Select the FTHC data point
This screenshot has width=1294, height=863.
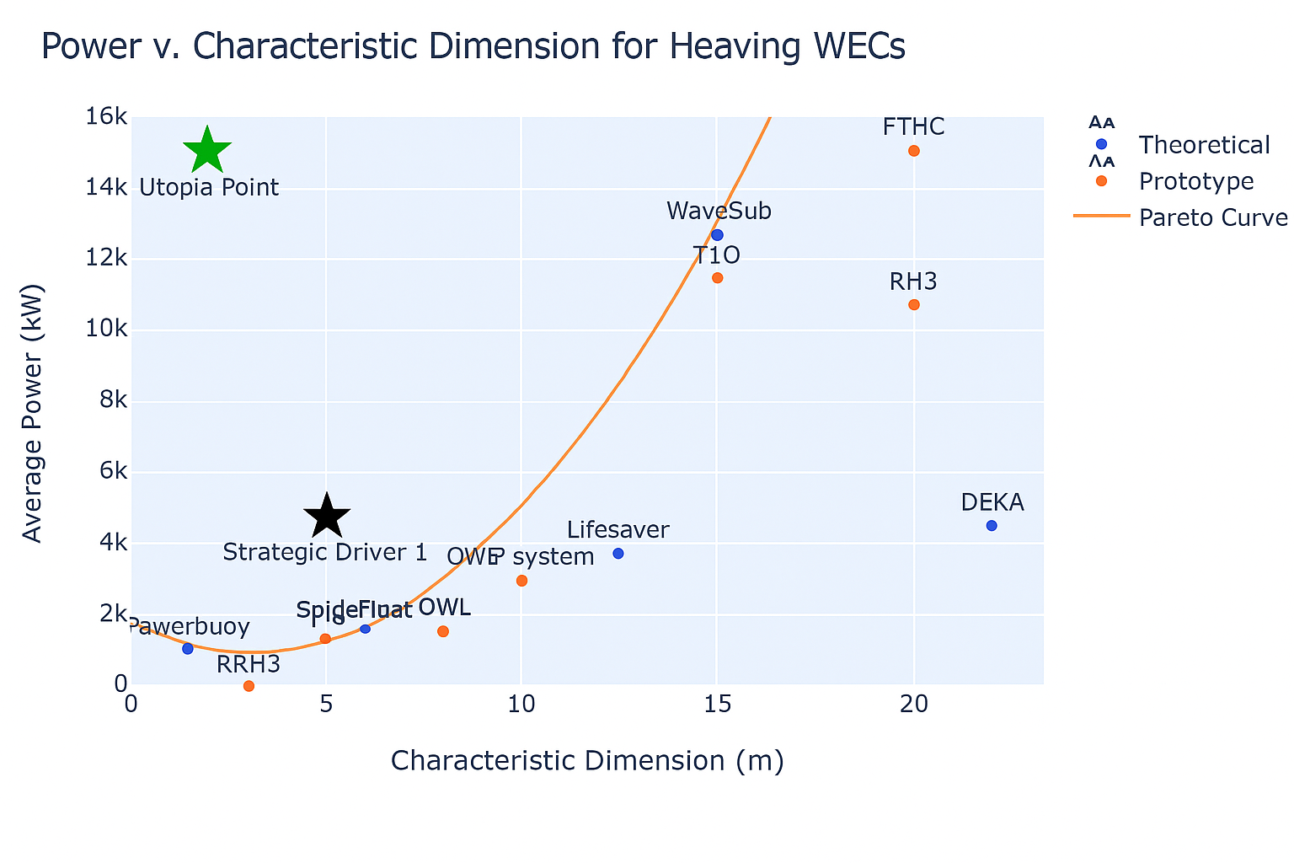click(914, 151)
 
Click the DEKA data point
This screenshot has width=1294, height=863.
click(992, 526)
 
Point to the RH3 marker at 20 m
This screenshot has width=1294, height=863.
click(914, 304)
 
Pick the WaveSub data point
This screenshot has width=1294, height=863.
click(717, 234)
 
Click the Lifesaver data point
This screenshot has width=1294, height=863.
click(618, 553)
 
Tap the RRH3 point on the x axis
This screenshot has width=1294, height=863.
click(249, 686)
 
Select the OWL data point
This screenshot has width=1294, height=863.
click(443, 631)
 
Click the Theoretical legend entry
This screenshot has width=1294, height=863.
click(1203, 145)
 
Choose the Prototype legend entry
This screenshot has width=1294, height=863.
click(1196, 181)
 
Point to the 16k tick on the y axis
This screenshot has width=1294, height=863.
click(106, 117)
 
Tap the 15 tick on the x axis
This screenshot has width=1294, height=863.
click(717, 703)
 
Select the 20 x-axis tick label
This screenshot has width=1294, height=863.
click(914, 703)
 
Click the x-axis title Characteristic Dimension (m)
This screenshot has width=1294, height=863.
click(587, 761)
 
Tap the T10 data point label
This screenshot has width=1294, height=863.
click(716, 255)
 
